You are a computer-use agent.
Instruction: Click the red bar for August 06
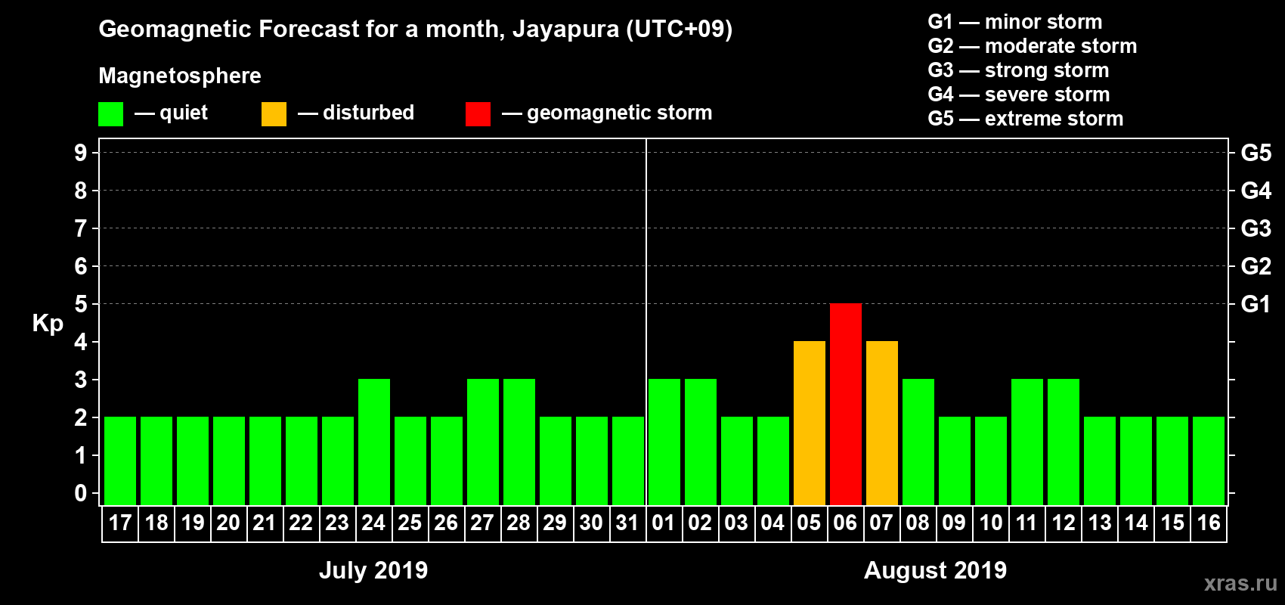[845, 404]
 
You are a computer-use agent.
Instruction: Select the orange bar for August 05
[809, 423]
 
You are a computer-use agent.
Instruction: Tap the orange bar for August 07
[881, 423]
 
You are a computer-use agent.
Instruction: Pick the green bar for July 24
[374, 442]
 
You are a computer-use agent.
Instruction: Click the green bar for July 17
[120, 461]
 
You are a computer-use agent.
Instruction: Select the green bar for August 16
[1209, 461]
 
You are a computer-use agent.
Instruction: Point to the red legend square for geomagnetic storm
[478, 114]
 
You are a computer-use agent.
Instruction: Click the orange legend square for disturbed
[274, 114]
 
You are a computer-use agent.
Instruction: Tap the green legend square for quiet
[110, 114]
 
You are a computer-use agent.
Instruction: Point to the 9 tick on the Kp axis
[81, 153]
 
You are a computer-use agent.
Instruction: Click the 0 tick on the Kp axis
[81, 493]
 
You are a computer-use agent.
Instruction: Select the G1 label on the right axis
[1256, 304]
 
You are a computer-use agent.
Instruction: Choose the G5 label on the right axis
[1256, 153]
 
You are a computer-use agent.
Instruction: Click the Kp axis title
[48, 324]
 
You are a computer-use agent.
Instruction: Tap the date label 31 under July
[627, 523]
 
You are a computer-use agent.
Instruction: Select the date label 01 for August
[664, 523]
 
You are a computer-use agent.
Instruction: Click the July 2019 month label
[373, 570]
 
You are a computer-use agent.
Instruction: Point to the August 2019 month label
[935, 570]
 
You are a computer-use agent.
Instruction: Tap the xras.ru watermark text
[1240, 583]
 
